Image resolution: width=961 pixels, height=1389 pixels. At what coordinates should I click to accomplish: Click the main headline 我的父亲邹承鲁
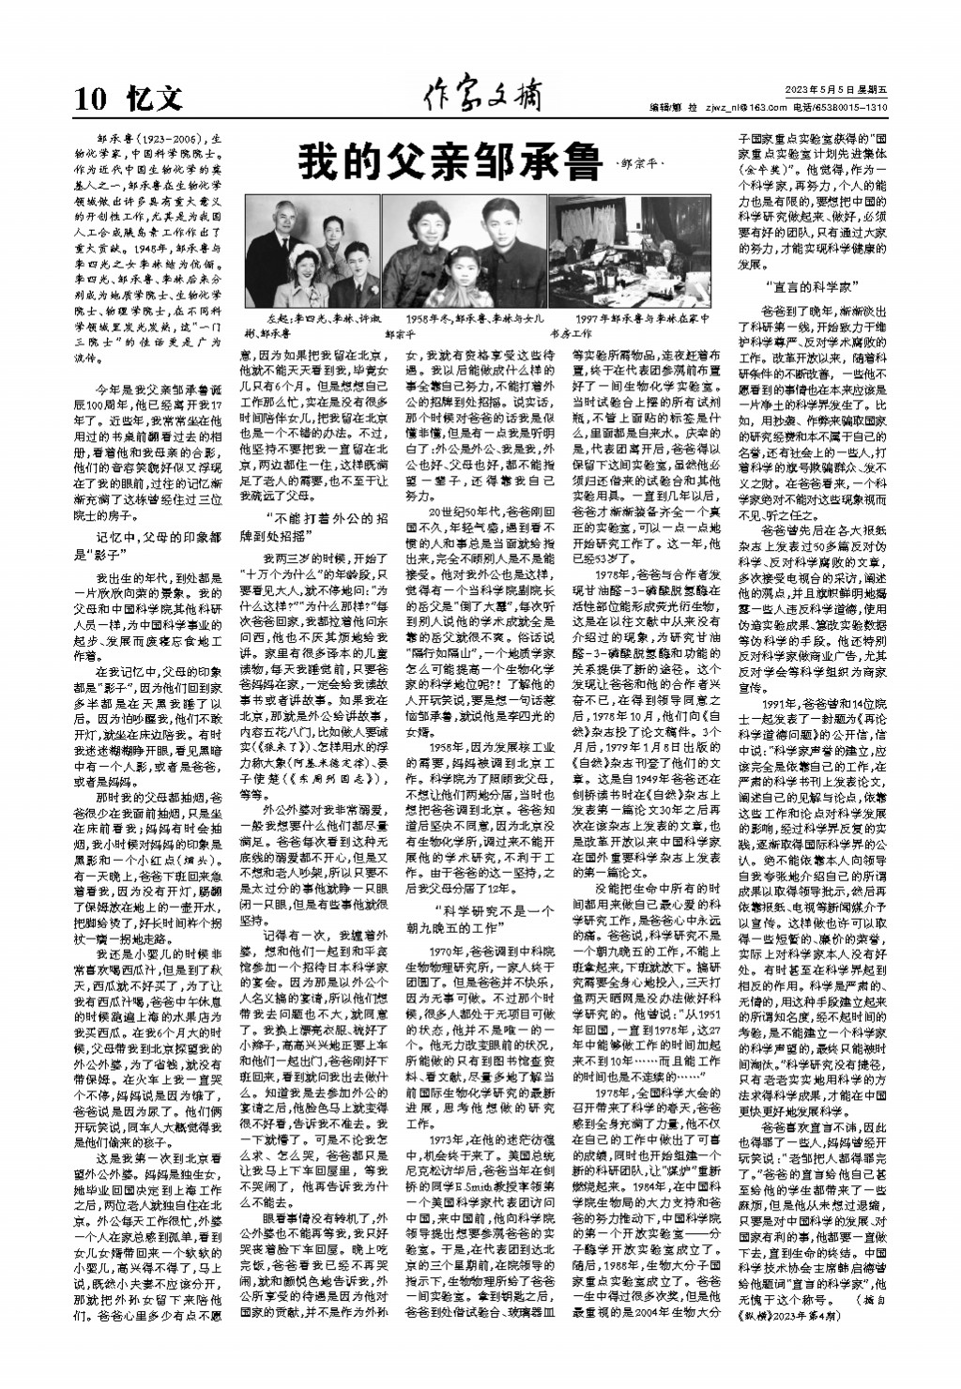tap(448, 163)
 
